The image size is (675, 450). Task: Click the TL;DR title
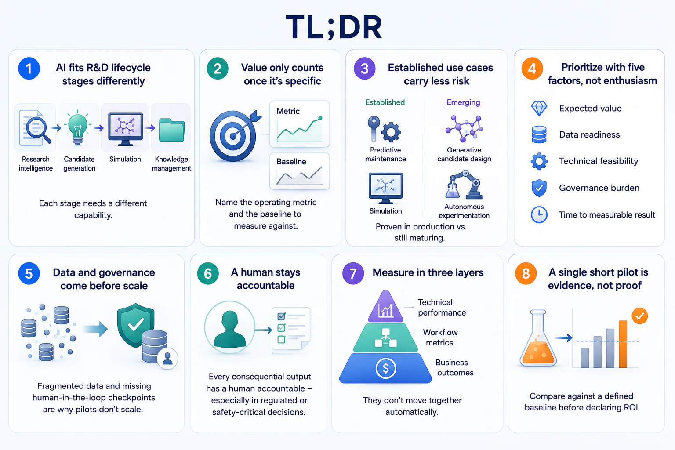[x=334, y=27]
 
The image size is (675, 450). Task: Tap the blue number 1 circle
[x=29, y=69]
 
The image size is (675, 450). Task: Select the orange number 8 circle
[x=526, y=273]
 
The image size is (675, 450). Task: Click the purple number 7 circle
[x=353, y=273]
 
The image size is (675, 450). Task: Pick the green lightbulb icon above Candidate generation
[x=78, y=128]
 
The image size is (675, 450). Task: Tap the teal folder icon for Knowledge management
[x=171, y=130]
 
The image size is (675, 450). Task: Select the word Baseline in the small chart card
[x=291, y=162]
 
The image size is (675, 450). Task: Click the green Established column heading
[x=385, y=102]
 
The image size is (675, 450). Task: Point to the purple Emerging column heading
[x=463, y=102]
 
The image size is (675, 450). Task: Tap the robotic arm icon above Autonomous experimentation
[x=464, y=185]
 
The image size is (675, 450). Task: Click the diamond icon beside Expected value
[x=539, y=109]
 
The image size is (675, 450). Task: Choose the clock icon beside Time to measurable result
[x=539, y=214]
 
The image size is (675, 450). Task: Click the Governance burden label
[x=599, y=188]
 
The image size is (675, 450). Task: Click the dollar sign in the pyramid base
[x=385, y=368]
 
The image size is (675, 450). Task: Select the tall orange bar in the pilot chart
[x=623, y=344]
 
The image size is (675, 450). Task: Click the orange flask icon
[x=538, y=338]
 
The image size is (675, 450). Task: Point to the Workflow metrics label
[x=440, y=337]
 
